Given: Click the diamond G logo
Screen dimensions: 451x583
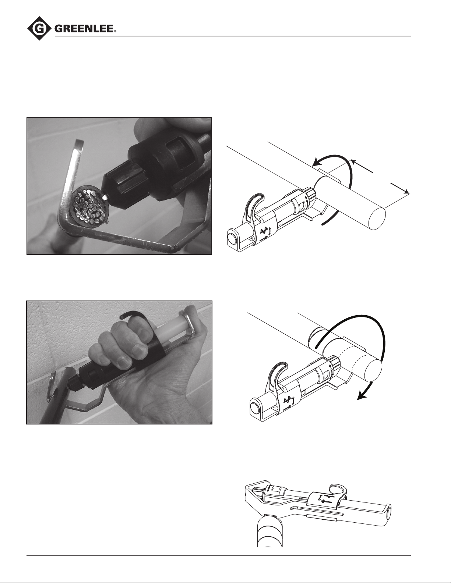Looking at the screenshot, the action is (x=39, y=28).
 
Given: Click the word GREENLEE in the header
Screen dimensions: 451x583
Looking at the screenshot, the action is (x=84, y=29).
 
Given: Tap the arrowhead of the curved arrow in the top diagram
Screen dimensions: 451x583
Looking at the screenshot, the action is (x=318, y=162).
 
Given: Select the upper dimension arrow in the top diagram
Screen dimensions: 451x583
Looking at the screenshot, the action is (x=362, y=166).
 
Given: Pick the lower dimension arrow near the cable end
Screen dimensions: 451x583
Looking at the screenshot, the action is (x=400, y=188).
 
